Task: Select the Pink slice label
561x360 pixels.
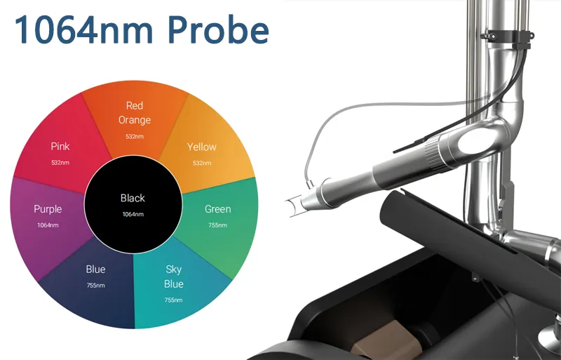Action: point(60,146)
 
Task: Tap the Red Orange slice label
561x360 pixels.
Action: point(135,112)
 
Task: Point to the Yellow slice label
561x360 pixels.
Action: point(202,147)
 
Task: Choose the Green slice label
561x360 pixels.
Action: point(218,209)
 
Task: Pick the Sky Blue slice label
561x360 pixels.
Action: point(173,276)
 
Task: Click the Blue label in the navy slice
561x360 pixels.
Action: point(95,269)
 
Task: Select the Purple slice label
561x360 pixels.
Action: point(48,209)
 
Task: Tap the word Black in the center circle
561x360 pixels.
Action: point(133,198)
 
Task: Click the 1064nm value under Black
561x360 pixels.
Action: point(133,214)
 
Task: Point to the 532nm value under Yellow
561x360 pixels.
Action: point(202,163)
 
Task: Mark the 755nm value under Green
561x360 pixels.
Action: point(217,225)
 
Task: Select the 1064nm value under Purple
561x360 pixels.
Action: point(48,225)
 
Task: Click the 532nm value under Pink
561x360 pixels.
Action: point(60,162)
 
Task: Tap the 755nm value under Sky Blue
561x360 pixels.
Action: point(173,300)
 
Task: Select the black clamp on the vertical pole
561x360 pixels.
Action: point(506,36)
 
